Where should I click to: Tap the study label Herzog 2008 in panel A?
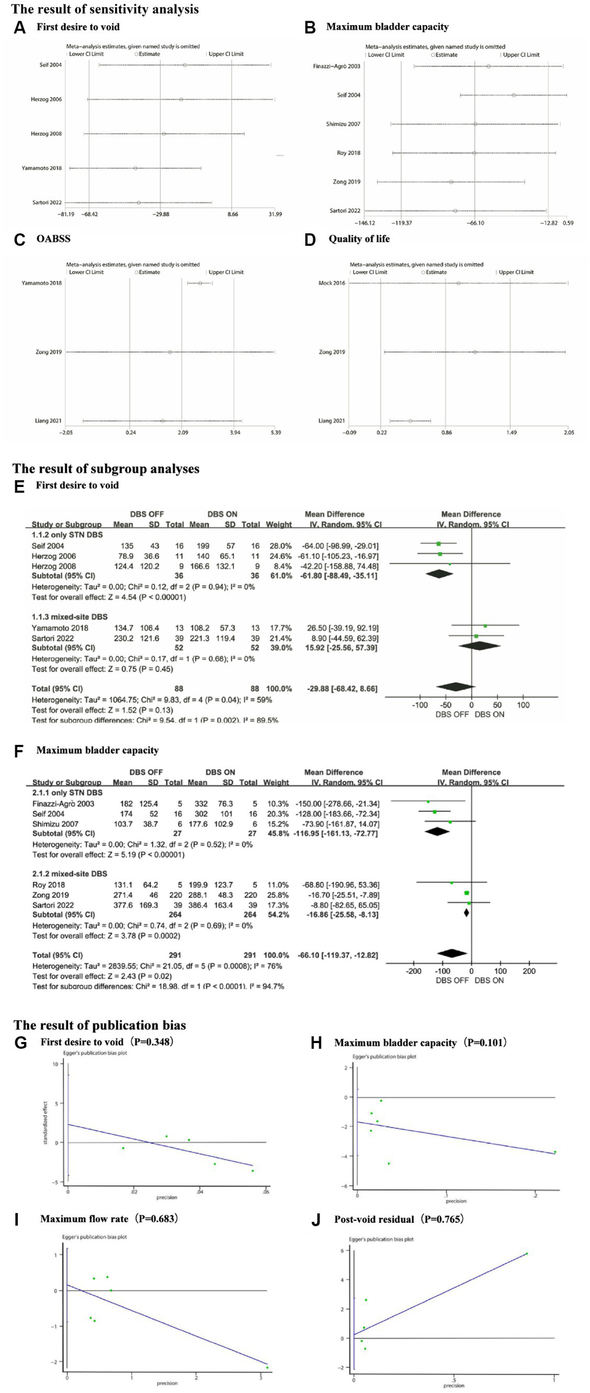(46, 134)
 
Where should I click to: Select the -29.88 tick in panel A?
(161, 214)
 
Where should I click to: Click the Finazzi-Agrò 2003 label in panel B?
(337, 66)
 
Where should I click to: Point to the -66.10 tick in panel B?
(475, 223)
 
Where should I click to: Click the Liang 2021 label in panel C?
(48, 421)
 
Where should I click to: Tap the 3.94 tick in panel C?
(235, 432)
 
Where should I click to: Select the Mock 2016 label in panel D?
(331, 283)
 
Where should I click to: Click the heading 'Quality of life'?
(359, 239)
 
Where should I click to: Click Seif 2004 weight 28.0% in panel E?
(281, 546)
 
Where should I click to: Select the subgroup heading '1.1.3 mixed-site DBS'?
(70, 617)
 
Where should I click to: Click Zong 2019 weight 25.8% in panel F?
(277, 895)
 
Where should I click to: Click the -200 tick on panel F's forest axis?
(413, 971)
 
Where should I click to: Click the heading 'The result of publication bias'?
(100, 1025)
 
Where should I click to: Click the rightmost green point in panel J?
(526, 1254)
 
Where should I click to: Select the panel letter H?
(316, 1043)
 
